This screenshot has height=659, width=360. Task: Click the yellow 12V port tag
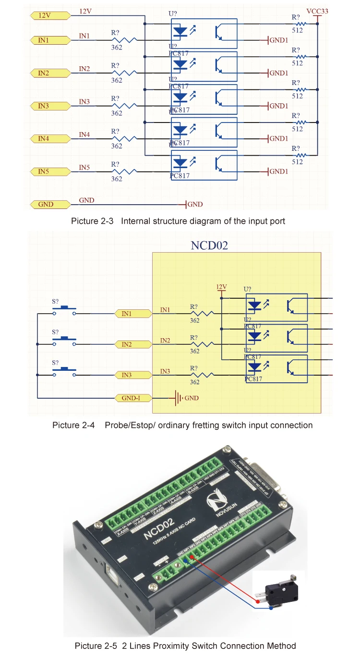tap(46, 15)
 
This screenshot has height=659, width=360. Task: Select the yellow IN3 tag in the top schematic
tap(46, 106)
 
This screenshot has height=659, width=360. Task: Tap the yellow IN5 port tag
tap(46, 171)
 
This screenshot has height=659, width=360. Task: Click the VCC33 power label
tap(317, 11)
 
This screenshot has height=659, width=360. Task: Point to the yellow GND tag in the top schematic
tap(46, 204)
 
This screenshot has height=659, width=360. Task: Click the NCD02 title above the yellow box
tap(209, 245)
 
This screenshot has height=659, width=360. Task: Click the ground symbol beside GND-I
tap(179, 398)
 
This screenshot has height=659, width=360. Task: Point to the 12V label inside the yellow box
tap(221, 287)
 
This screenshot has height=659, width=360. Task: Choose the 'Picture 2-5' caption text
tap(96, 646)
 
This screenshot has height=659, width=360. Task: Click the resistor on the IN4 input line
tap(124, 139)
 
